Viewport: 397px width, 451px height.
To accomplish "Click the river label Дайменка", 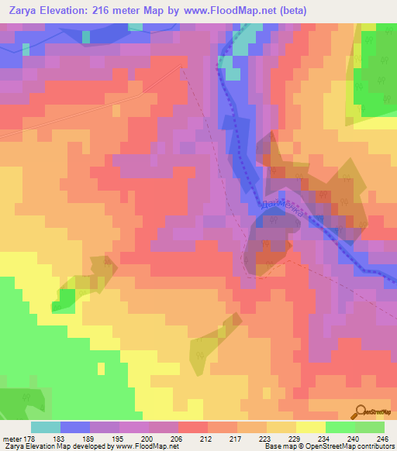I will (281, 208).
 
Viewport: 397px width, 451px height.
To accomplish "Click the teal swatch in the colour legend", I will (46, 427).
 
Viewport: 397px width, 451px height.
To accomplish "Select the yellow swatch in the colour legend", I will (311, 427).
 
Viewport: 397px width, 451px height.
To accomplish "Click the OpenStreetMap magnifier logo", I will (361, 412).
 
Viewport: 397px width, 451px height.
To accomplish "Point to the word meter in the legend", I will (12, 439).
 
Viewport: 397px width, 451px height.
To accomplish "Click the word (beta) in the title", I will (292, 11).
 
